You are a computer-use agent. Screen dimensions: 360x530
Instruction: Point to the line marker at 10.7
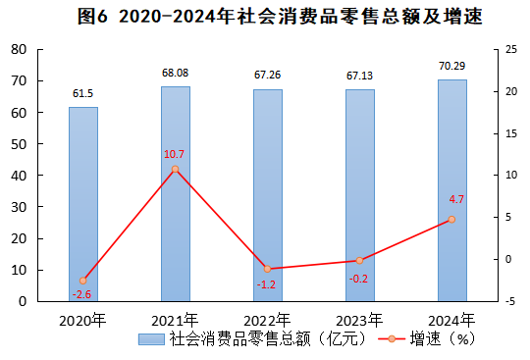click(176, 170)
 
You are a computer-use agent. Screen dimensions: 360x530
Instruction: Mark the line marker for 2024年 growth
click(451, 220)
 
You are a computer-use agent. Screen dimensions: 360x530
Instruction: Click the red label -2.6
click(81, 294)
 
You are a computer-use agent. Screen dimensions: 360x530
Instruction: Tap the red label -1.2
click(266, 283)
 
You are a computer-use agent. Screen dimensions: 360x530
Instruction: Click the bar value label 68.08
click(176, 73)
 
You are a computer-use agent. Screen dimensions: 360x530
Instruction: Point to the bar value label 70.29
click(451, 66)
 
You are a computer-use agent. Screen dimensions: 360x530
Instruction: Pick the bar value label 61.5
click(83, 93)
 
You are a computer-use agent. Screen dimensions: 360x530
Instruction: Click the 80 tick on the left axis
click(19, 49)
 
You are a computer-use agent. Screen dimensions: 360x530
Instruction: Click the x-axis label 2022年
click(267, 320)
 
